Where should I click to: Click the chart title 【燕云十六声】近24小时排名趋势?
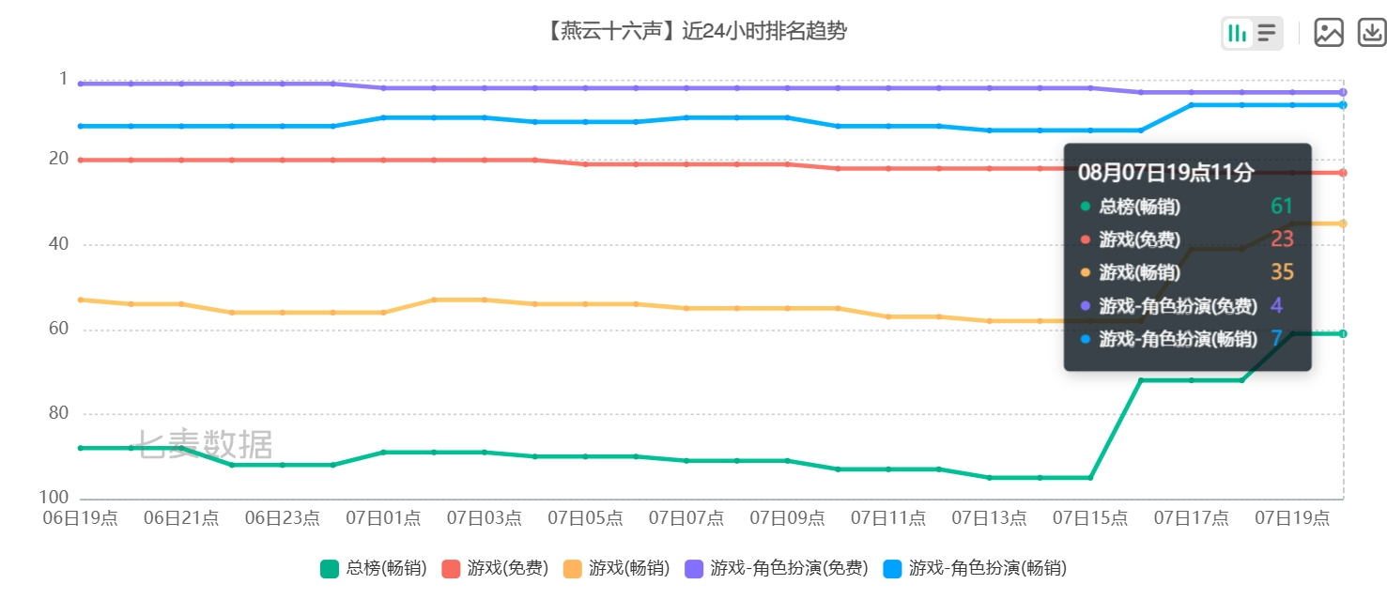[697, 30]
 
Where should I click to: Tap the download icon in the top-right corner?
[1372, 32]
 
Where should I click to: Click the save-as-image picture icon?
[1329, 32]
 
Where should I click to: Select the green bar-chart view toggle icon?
[1237, 33]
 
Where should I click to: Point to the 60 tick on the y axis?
[59, 329]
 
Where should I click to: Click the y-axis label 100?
[54, 497]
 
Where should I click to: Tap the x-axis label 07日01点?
[383, 517]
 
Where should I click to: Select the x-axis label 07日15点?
[1090, 517]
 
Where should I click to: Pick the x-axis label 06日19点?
[81, 517]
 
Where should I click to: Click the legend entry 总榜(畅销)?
[374, 568]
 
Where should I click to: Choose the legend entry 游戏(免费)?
[496, 568]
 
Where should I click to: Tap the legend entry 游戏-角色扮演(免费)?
[777, 568]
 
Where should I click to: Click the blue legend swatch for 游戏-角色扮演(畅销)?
[892, 569]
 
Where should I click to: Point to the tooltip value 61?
[1282, 206]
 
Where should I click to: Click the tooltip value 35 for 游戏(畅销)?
[1282, 271]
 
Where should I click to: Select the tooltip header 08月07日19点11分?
[1166, 172]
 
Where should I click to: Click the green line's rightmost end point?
[1343, 334]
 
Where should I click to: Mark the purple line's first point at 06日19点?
[81, 84]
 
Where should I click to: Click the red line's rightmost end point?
[1343, 173]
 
